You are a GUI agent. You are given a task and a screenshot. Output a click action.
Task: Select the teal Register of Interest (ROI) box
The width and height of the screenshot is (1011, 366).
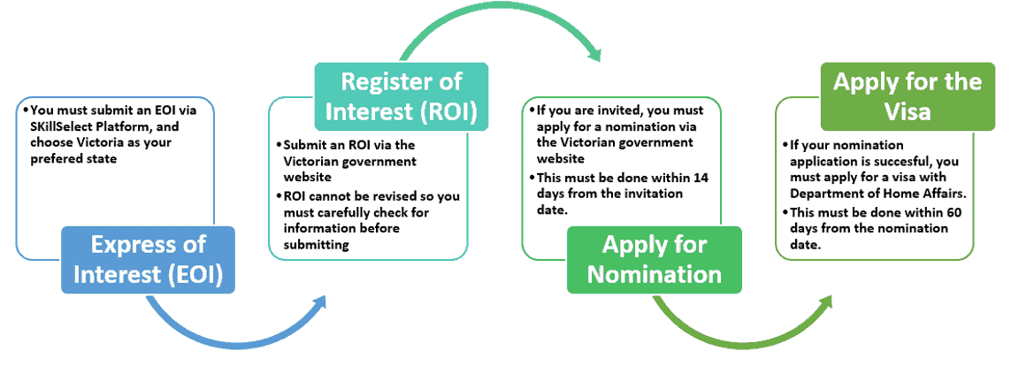click(x=401, y=96)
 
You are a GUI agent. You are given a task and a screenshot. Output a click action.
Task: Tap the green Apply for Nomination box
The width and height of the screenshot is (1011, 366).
click(x=654, y=260)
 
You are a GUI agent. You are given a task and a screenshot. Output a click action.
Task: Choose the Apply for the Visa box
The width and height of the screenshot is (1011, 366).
click(x=908, y=96)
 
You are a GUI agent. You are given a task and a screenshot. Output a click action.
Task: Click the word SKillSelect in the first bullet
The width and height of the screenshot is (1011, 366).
click(x=61, y=127)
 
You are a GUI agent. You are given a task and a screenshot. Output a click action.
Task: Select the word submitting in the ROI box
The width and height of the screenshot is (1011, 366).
click(x=316, y=244)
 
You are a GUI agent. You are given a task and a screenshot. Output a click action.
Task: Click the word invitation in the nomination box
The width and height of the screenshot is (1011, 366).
click(x=656, y=194)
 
